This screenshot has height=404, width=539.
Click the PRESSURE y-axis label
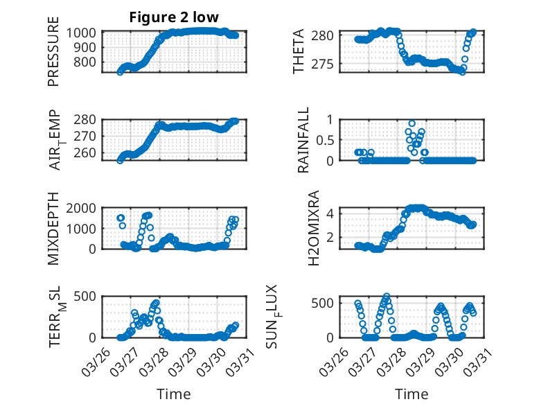53,56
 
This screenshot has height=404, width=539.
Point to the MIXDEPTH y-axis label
53,229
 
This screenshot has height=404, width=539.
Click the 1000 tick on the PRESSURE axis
85,33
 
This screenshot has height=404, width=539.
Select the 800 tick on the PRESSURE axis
89,62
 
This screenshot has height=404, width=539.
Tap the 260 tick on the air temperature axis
89,153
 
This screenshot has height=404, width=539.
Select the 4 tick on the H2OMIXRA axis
332,213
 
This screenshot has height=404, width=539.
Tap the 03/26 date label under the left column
98,359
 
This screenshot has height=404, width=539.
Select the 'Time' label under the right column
412,394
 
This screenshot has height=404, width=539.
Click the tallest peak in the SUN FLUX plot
386,296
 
